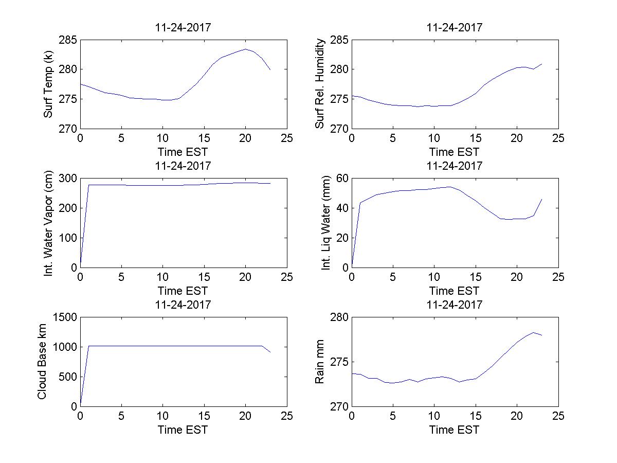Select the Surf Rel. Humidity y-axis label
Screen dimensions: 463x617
click(x=320, y=84)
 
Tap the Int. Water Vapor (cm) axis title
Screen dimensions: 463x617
click(x=48, y=223)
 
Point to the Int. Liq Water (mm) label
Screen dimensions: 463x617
click(x=325, y=223)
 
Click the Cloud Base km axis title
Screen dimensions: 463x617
click(x=42, y=362)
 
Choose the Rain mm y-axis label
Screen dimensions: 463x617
click(x=320, y=362)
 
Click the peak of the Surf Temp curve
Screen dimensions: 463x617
click(x=246, y=49)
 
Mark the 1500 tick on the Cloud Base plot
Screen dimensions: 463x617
click(x=65, y=317)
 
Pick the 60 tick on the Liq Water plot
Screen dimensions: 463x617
click(x=342, y=179)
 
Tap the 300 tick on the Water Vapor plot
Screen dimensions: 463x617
click(x=68, y=179)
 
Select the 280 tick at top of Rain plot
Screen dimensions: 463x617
click(x=339, y=317)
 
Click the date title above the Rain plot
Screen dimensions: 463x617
click(x=455, y=305)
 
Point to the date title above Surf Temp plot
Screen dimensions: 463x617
click(x=183, y=28)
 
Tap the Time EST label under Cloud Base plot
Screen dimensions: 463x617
click(x=183, y=430)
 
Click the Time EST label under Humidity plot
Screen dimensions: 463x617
click(x=455, y=152)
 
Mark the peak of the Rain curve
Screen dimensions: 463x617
click(x=533, y=332)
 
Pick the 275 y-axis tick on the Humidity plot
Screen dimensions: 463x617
click(x=339, y=99)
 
